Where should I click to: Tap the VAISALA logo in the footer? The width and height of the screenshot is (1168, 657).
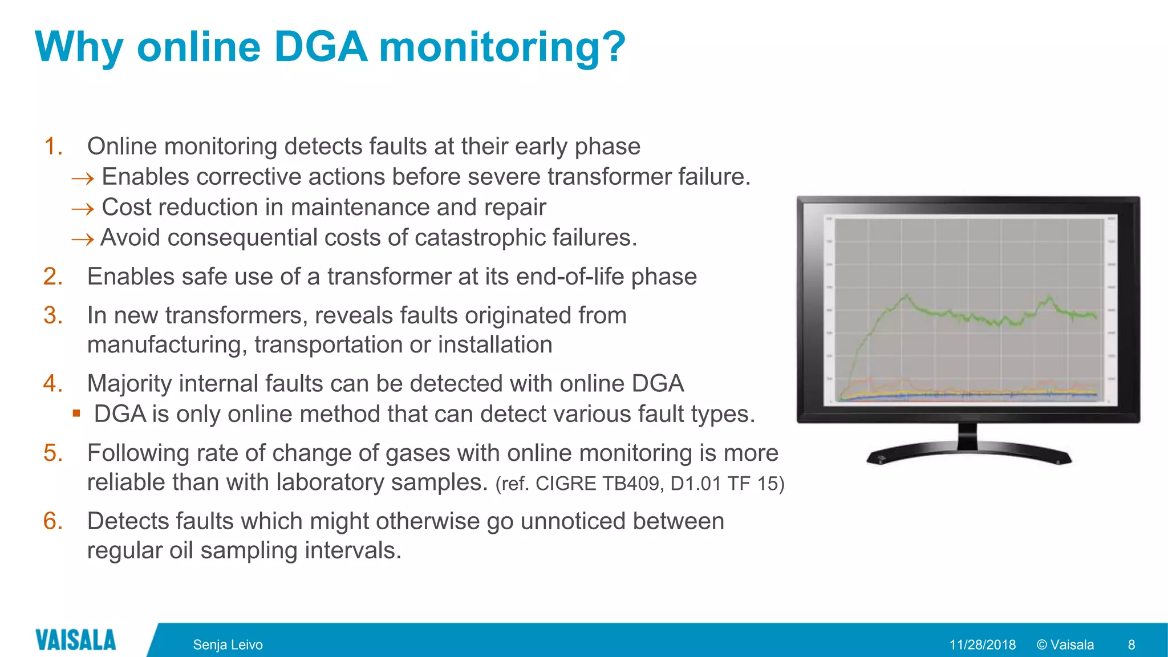[75, 640]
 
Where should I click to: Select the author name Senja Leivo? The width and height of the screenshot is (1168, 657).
[228, 645]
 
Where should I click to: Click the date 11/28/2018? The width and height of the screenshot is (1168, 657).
[982, 645]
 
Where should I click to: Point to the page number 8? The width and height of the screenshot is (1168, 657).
[1131, 645]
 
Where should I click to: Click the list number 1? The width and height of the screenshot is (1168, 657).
[53, 147]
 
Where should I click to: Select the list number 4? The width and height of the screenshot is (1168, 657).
[53, 384]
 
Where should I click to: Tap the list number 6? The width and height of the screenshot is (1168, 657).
[53, 521]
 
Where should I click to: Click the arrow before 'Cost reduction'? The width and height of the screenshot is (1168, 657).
[83, 209]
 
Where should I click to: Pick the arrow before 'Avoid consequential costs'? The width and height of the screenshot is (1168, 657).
[83, 240]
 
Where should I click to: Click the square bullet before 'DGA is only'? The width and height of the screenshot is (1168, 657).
[76, 413]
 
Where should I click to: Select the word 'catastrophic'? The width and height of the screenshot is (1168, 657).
[475, 238]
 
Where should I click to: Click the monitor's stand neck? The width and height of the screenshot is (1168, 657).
[967, 436]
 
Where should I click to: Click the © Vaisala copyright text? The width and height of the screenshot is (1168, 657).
[1065, 645]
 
